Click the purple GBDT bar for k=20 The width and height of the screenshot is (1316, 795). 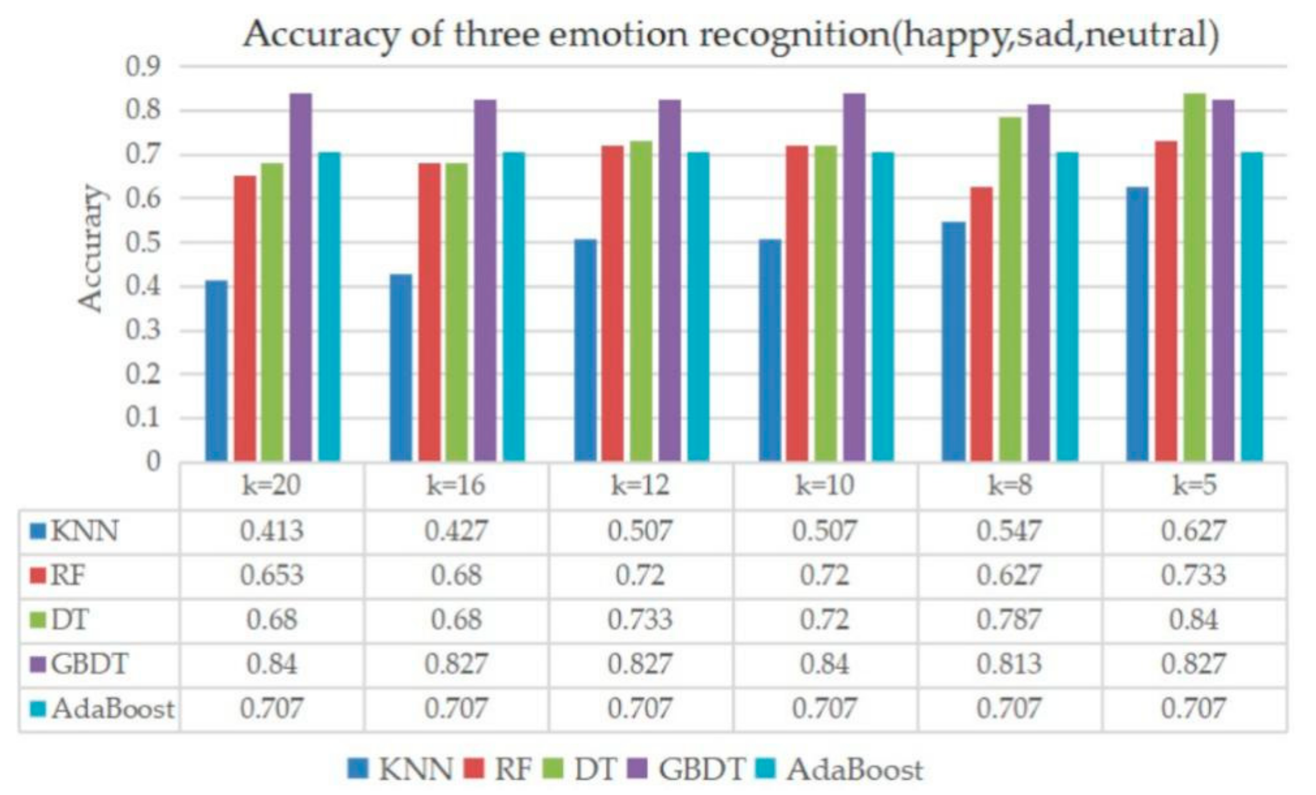301,278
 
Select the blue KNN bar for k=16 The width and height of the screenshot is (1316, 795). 401,369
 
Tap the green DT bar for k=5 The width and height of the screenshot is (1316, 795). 1195,278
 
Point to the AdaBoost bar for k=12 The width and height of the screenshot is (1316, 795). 698,307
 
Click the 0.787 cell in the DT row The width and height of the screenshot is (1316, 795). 1009,620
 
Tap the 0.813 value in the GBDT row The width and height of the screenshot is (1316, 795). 1009,664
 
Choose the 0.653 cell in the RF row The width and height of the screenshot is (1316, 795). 271,575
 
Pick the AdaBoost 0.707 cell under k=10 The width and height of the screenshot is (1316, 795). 824,709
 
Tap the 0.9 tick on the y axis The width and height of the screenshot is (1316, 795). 143,67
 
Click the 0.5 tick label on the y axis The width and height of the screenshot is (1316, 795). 143,243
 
